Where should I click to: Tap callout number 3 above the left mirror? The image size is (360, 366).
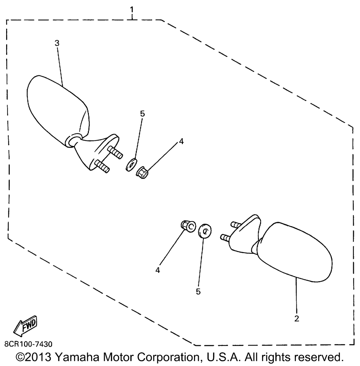click(x=57, y=43)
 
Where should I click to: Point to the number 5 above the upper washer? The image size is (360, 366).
click(x=142, y=114)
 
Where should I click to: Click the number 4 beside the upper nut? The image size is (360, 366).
click(x=181, y=142)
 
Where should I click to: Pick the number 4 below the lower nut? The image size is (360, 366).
click(x=157, y=269)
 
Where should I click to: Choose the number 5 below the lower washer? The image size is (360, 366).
click(x=198, y=292)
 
